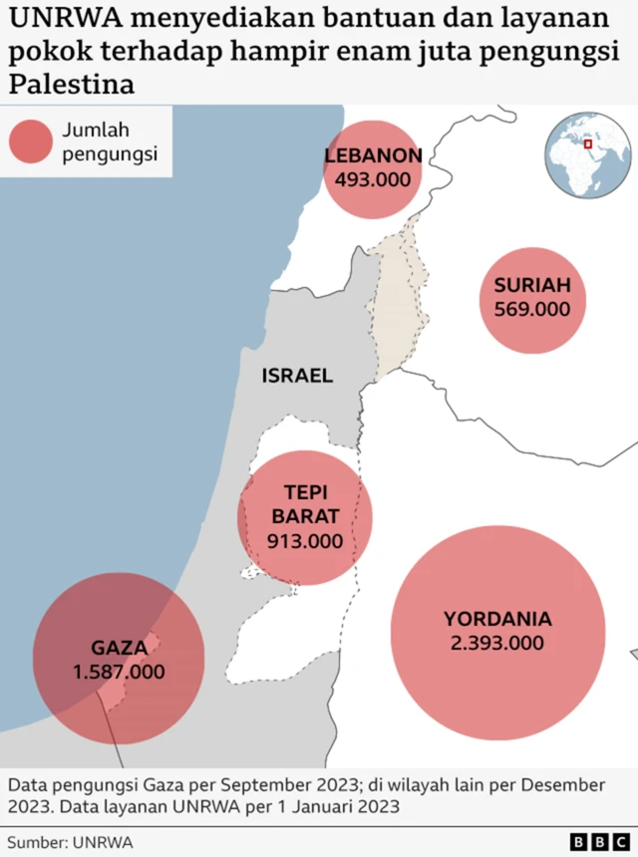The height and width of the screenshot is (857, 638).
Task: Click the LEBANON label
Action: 373,155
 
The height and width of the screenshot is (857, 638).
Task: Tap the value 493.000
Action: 373,179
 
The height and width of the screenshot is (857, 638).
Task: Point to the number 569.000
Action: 532,309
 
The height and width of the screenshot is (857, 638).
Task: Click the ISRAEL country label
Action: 297,376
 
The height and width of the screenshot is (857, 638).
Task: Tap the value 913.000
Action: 305,541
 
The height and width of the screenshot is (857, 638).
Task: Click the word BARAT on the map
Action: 305,516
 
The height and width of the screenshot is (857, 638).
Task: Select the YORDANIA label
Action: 497,619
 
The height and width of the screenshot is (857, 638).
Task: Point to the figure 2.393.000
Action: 497,643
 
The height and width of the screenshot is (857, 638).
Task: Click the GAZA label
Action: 119,647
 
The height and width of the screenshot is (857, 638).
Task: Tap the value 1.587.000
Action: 119,672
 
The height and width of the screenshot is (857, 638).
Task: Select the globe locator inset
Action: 587,155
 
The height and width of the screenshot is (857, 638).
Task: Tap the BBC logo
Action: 597,842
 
